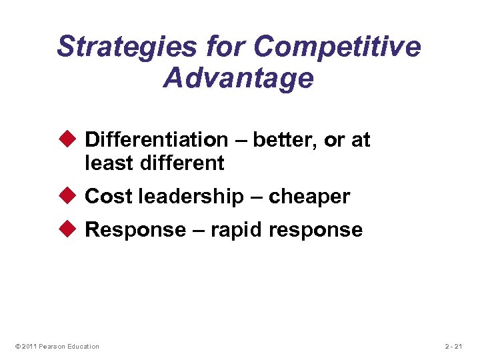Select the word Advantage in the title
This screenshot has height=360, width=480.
(238, 78)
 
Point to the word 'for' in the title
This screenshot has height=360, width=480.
(225, 47)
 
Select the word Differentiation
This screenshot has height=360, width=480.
(157, 140)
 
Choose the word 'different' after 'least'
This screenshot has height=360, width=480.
(182, 163)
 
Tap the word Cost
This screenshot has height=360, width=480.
(109, 197)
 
